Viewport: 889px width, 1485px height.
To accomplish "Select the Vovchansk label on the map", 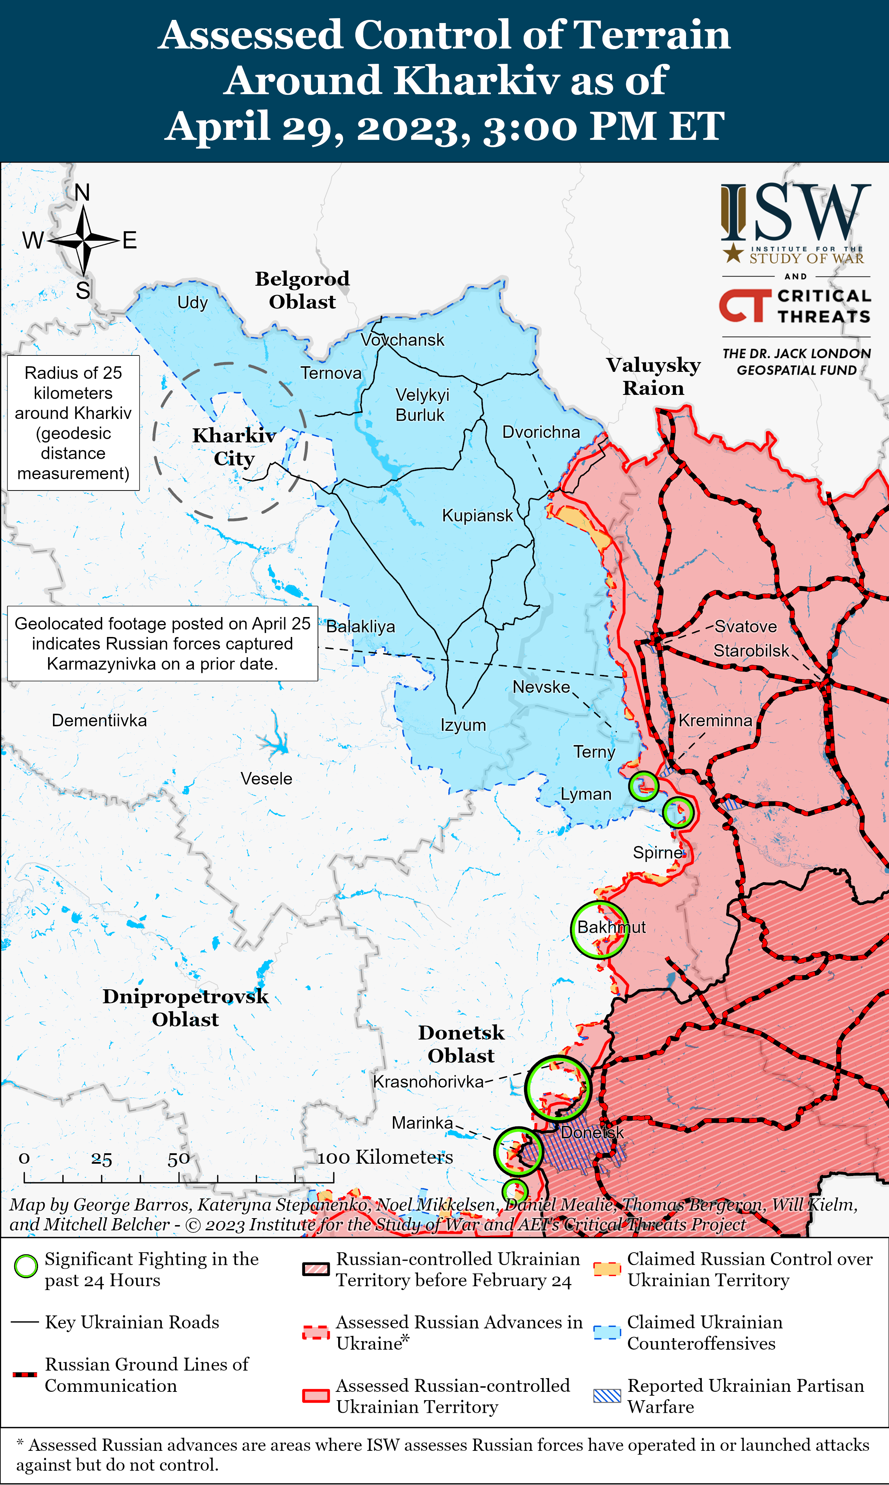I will [x=403, y=340].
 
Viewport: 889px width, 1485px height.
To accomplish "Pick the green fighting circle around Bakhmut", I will [x=599, y=929].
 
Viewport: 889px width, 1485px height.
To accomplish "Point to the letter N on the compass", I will [x=82, y=192].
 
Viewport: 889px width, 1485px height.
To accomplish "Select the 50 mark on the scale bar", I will [x=178, y=1158].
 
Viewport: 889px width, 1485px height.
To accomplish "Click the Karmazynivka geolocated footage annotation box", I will [x=162, y=644].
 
